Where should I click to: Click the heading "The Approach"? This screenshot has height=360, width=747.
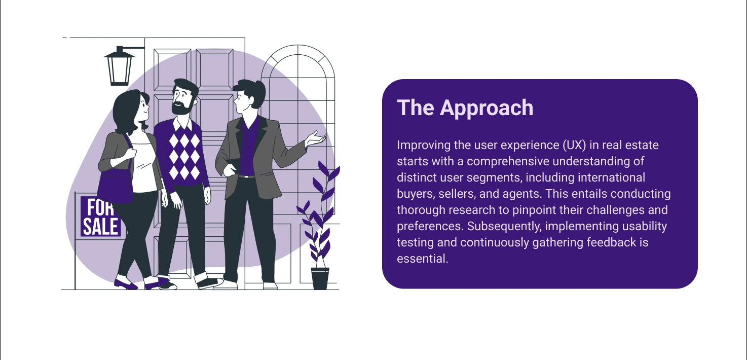click(x=465, y=108)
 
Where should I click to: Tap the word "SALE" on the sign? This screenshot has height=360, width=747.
click(x=100, y=226)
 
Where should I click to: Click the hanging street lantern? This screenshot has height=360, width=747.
click(x=119, y=66)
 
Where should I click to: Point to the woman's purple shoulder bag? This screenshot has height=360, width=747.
click(x=116, y=187)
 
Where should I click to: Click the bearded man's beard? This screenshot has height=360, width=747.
click(x=182, y=107)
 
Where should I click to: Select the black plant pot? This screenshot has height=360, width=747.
click(x=320, y=278)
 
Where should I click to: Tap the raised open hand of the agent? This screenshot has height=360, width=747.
click(x=315, y=138)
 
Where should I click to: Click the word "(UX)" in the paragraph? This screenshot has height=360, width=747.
click(x=575, y=145)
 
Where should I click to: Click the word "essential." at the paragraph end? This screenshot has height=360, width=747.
click(x=423, y=259)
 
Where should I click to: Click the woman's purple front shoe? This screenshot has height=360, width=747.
click(x=125, y=284)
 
